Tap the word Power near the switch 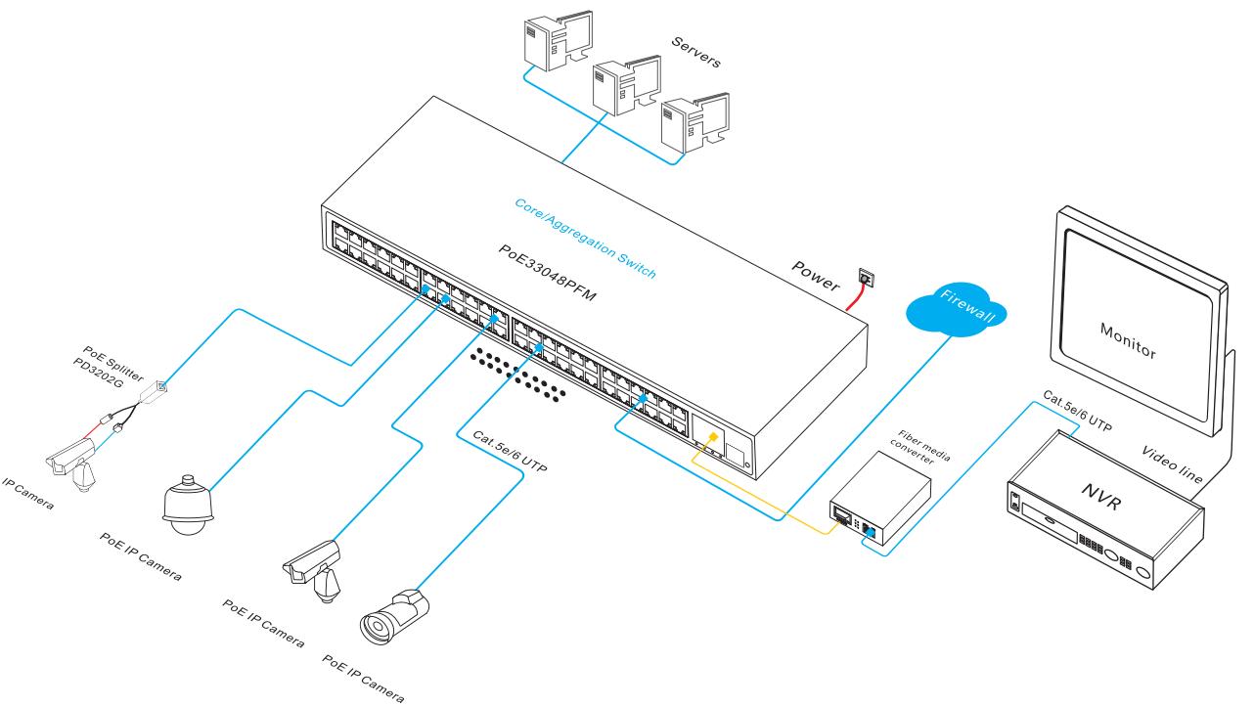tap(816, 278)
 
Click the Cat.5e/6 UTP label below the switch tap(509, 454)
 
